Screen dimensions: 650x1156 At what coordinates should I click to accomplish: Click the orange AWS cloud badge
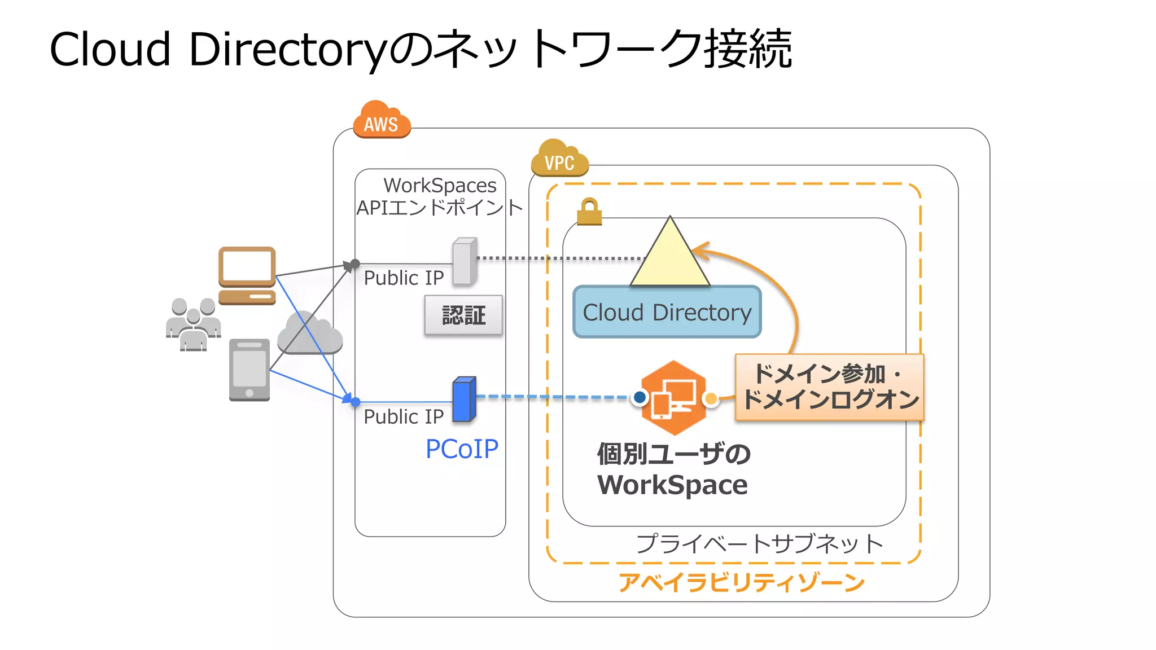pyautogui.click(x=382, y=120)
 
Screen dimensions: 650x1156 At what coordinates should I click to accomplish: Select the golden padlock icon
pyautogui.click(x=589, y=212)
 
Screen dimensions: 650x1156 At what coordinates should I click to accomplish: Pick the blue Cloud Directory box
pyautogui.click(x=667, y=312)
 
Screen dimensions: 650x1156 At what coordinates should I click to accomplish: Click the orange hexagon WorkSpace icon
pyautogui.click(x=674, y=398)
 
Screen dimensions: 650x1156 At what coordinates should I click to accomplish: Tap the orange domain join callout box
pyautogui.click(x=829, y=387)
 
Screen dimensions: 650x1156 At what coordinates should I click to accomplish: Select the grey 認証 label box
pyautogui.click(x=463, y=315)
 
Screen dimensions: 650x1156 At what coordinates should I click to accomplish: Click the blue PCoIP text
pyautogui.click(x=462, y=449)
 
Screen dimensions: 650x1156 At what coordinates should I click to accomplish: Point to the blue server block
pyautogui.click(x=465, y=399)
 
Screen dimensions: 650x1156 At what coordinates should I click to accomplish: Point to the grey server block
pyautogui.click(x=465, y=261)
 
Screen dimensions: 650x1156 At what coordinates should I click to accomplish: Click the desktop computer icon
pyautogui.click(x=247, y=275)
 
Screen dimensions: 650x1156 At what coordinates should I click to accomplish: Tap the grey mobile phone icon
pyautogui.click(x=249, y=370)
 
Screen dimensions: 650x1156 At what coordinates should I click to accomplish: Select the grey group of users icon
pyautogui.click(x=193, y=324)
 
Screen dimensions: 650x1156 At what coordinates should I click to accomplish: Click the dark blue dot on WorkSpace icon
pyautogui.click(x=640, y=398)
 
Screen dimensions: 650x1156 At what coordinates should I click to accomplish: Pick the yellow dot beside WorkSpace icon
pyautogui.click(x=711, y=399)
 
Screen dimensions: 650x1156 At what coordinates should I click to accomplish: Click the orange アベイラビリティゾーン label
pyautogui.click(x=741, y=582)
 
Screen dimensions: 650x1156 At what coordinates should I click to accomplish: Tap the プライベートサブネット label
pyautogui.click(x=759, y=544)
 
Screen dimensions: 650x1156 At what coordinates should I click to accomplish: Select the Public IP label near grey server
pyautogui.click(x=404, y=278)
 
